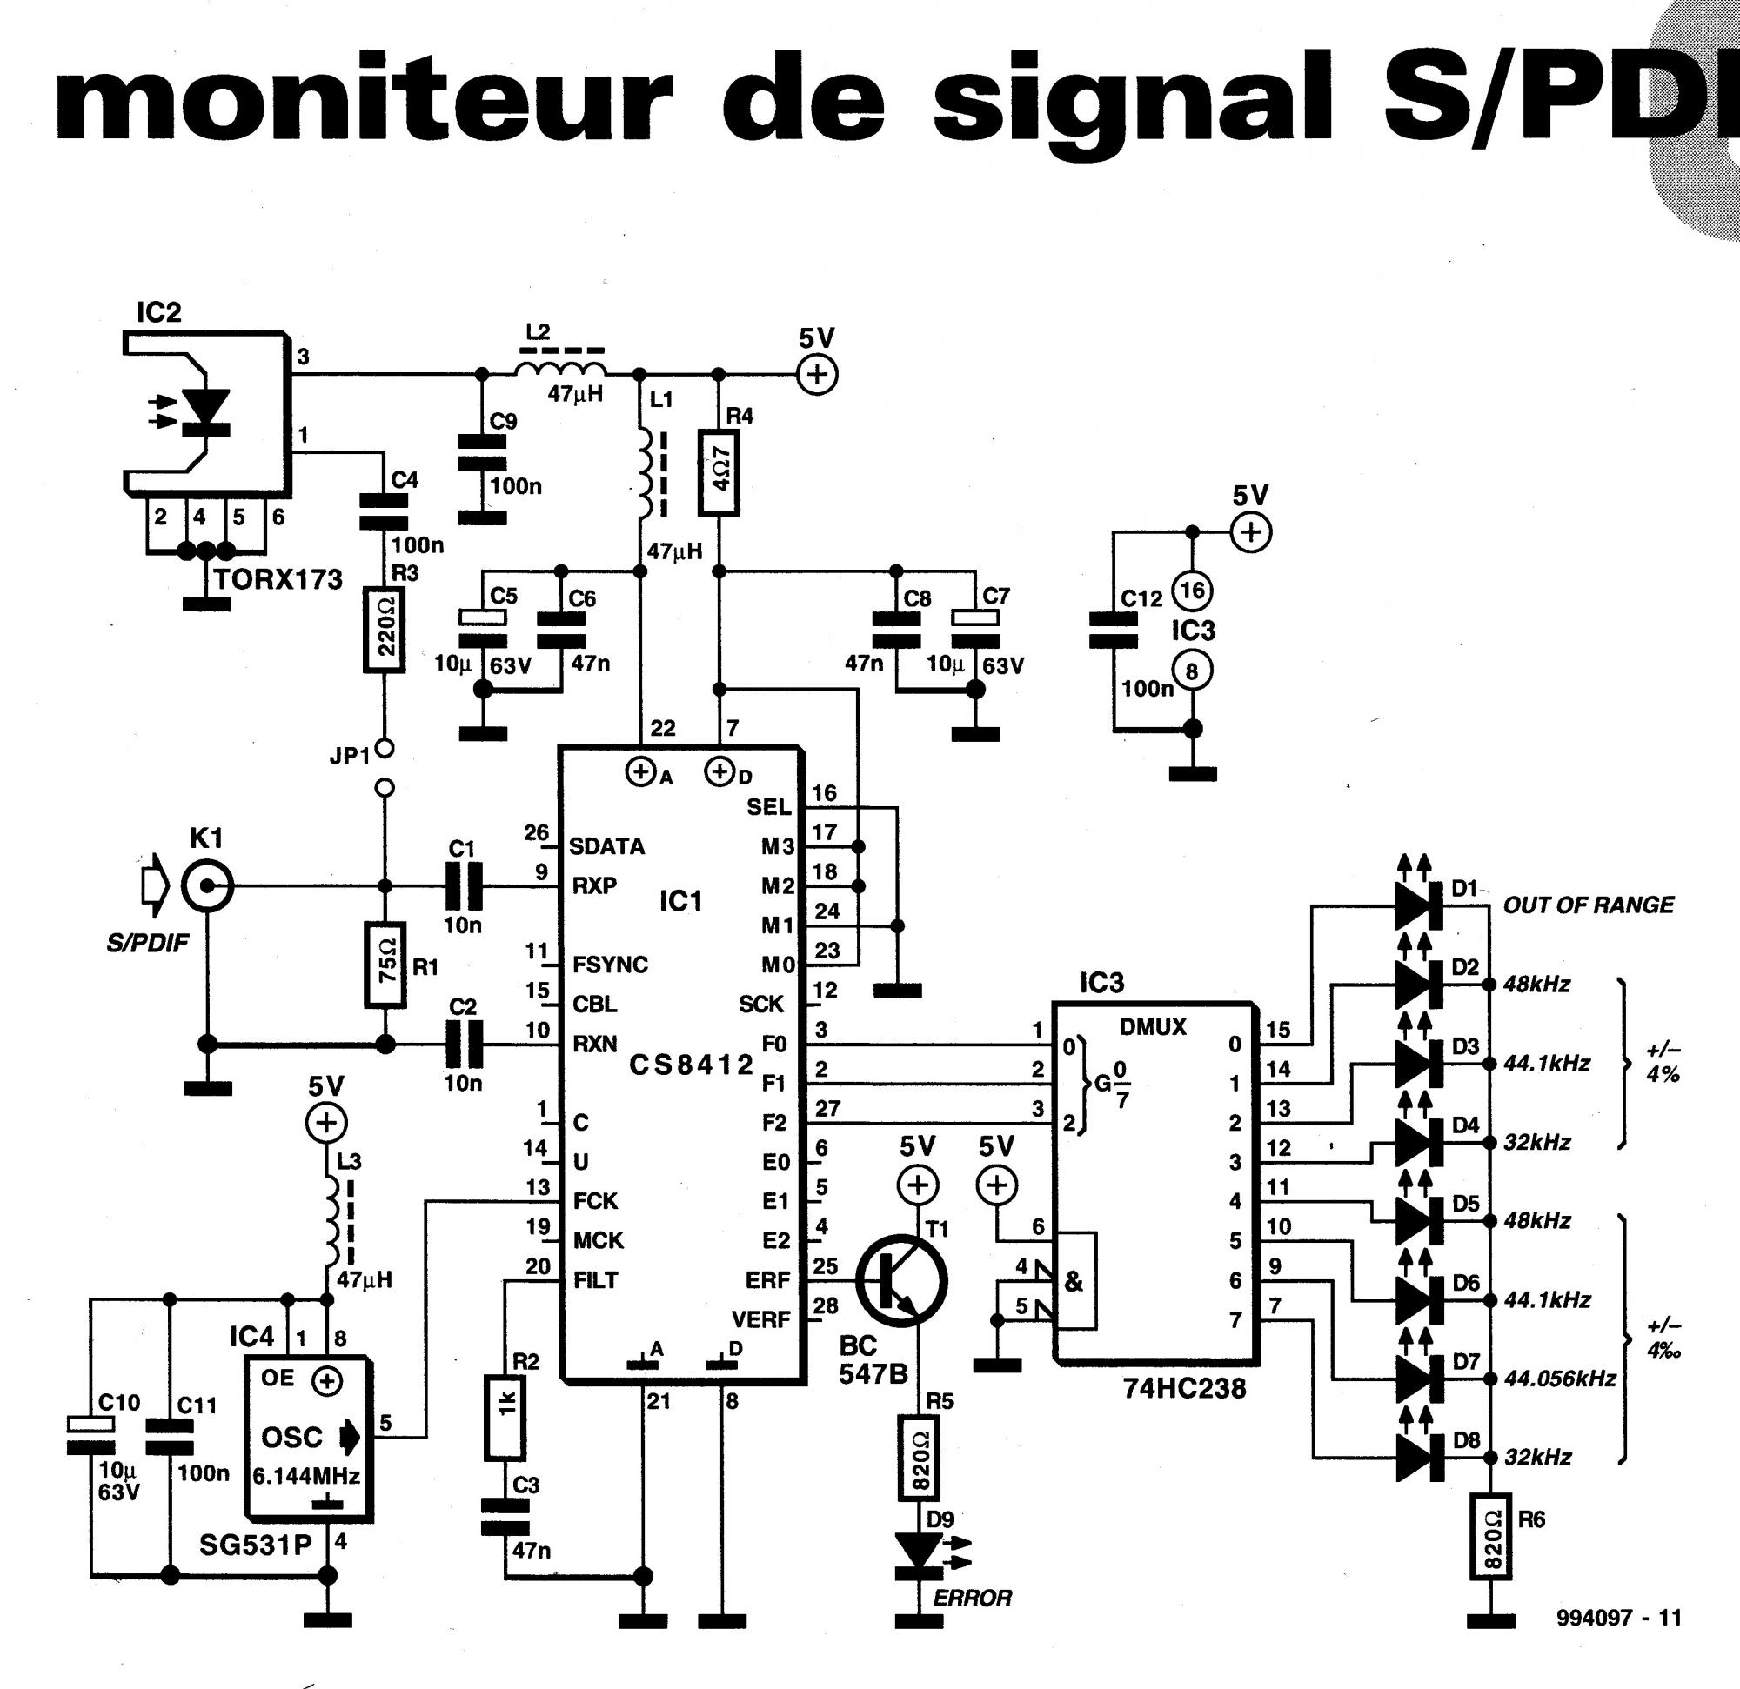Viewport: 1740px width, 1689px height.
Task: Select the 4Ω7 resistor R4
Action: coord(719,472)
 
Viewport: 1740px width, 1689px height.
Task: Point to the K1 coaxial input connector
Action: coord(207,885)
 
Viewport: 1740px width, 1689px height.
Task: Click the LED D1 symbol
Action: coord(1419,905)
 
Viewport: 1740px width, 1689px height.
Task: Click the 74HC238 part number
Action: coord(1184,1388)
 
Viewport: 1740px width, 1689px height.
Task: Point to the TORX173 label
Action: coord(278,579)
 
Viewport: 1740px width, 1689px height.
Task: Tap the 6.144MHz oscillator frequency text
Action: coord(306,1476)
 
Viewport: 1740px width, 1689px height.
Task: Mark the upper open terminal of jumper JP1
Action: coord(384,749)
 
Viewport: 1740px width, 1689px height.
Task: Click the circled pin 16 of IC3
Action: coord(1192,591)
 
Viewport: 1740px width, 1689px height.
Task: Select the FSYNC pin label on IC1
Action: coord(610,965)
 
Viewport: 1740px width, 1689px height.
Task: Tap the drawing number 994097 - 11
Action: coord(1618,1617)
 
